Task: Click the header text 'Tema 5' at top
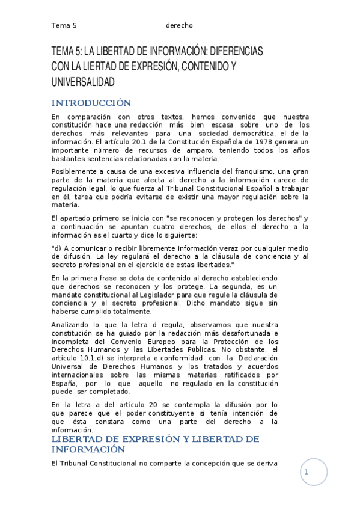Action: [x=64, y=25]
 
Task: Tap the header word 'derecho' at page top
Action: [x=179, y=25]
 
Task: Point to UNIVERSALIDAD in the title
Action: [x=83, y=81]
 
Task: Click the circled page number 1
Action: [x=306, y=473]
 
